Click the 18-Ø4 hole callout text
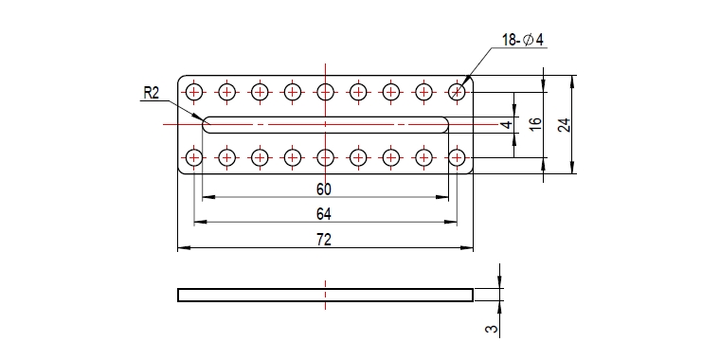point(523,41)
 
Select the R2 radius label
point(151,93)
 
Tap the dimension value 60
point(324,189)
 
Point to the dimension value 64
point(324,214)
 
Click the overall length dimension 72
point(324,240)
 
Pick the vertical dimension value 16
point(535,124)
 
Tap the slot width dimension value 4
point(506,124)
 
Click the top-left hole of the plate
point(194,92)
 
